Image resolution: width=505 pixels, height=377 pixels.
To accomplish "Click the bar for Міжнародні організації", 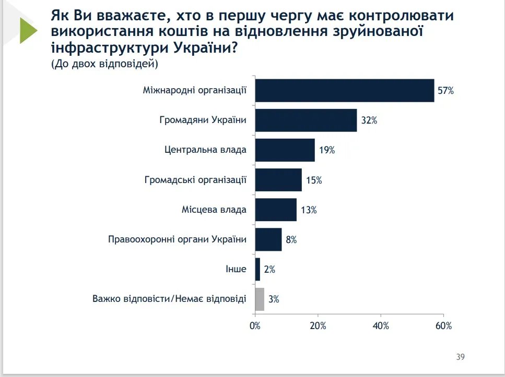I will tap(345, 91).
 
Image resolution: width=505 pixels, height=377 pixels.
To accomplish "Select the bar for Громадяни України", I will tap(306, 120).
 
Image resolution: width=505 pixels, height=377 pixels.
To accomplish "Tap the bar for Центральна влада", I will tap(285, 150).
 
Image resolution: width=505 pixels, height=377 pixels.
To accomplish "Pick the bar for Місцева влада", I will tap(276, 210).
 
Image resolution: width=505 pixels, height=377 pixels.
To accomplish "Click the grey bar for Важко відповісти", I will tap(260, 299).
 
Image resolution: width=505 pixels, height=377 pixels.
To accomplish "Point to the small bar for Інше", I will tap(257, 270).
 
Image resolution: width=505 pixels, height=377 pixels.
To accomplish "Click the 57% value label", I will tap(446, 91).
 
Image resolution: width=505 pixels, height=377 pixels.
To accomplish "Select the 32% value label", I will tap(369, 120).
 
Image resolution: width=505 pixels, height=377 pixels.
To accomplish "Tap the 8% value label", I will tap(291, 240).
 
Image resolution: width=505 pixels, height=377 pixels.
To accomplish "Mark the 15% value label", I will tap(314, 180).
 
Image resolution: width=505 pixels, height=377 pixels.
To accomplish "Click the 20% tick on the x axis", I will tap(318, 326).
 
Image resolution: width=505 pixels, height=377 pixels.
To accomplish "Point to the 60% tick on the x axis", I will tap(443, 326).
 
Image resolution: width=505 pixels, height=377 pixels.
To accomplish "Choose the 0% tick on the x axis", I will tap(255, 326).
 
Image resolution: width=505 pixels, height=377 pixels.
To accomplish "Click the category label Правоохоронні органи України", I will tap(177, 240).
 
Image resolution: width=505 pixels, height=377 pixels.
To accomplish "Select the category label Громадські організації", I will tap(195, 180).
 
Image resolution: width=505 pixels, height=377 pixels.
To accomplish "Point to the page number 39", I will tap(460, 357).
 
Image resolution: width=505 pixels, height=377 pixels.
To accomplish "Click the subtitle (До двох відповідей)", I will tap(104, 64).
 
